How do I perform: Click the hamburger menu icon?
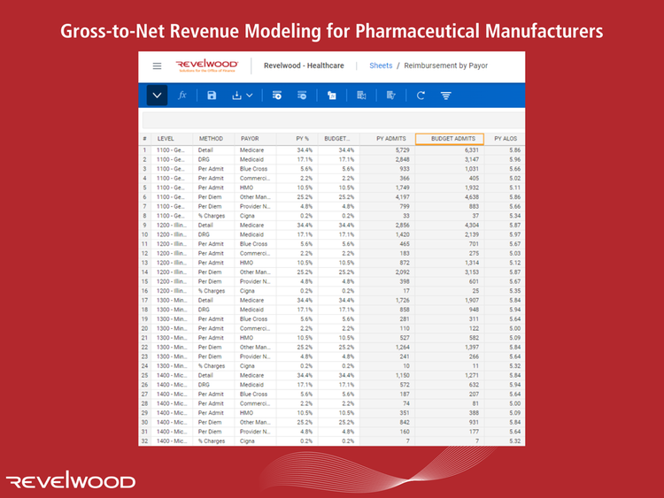pyautogui.click(x=157, y=66)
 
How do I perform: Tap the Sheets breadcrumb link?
pyautogui.click(x=381, y=66)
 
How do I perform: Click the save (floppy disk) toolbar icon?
pyautogui.click(x=212, y=96)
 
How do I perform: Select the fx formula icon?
pyautogui.click(x=182, y=96)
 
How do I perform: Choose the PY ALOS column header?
pyautogui.click(x=506, y=139)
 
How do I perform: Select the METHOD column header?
pyautogui.click(x=211, y=139)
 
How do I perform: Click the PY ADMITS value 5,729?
pyautogui.click(x=398, y=150)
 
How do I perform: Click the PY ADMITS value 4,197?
pyautogui.click(x=398, y=196)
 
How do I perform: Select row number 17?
pyautogui.click(x=144, y=299)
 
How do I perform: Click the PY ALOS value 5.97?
pyautogui.click(x=509, y=234)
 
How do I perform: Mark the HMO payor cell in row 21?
pyautogui.click(x=248, y=336)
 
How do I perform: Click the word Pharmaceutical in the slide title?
pyautogui.click(x=418, y=31)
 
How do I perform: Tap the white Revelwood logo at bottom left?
pyautogui.click(x=71, y=481)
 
